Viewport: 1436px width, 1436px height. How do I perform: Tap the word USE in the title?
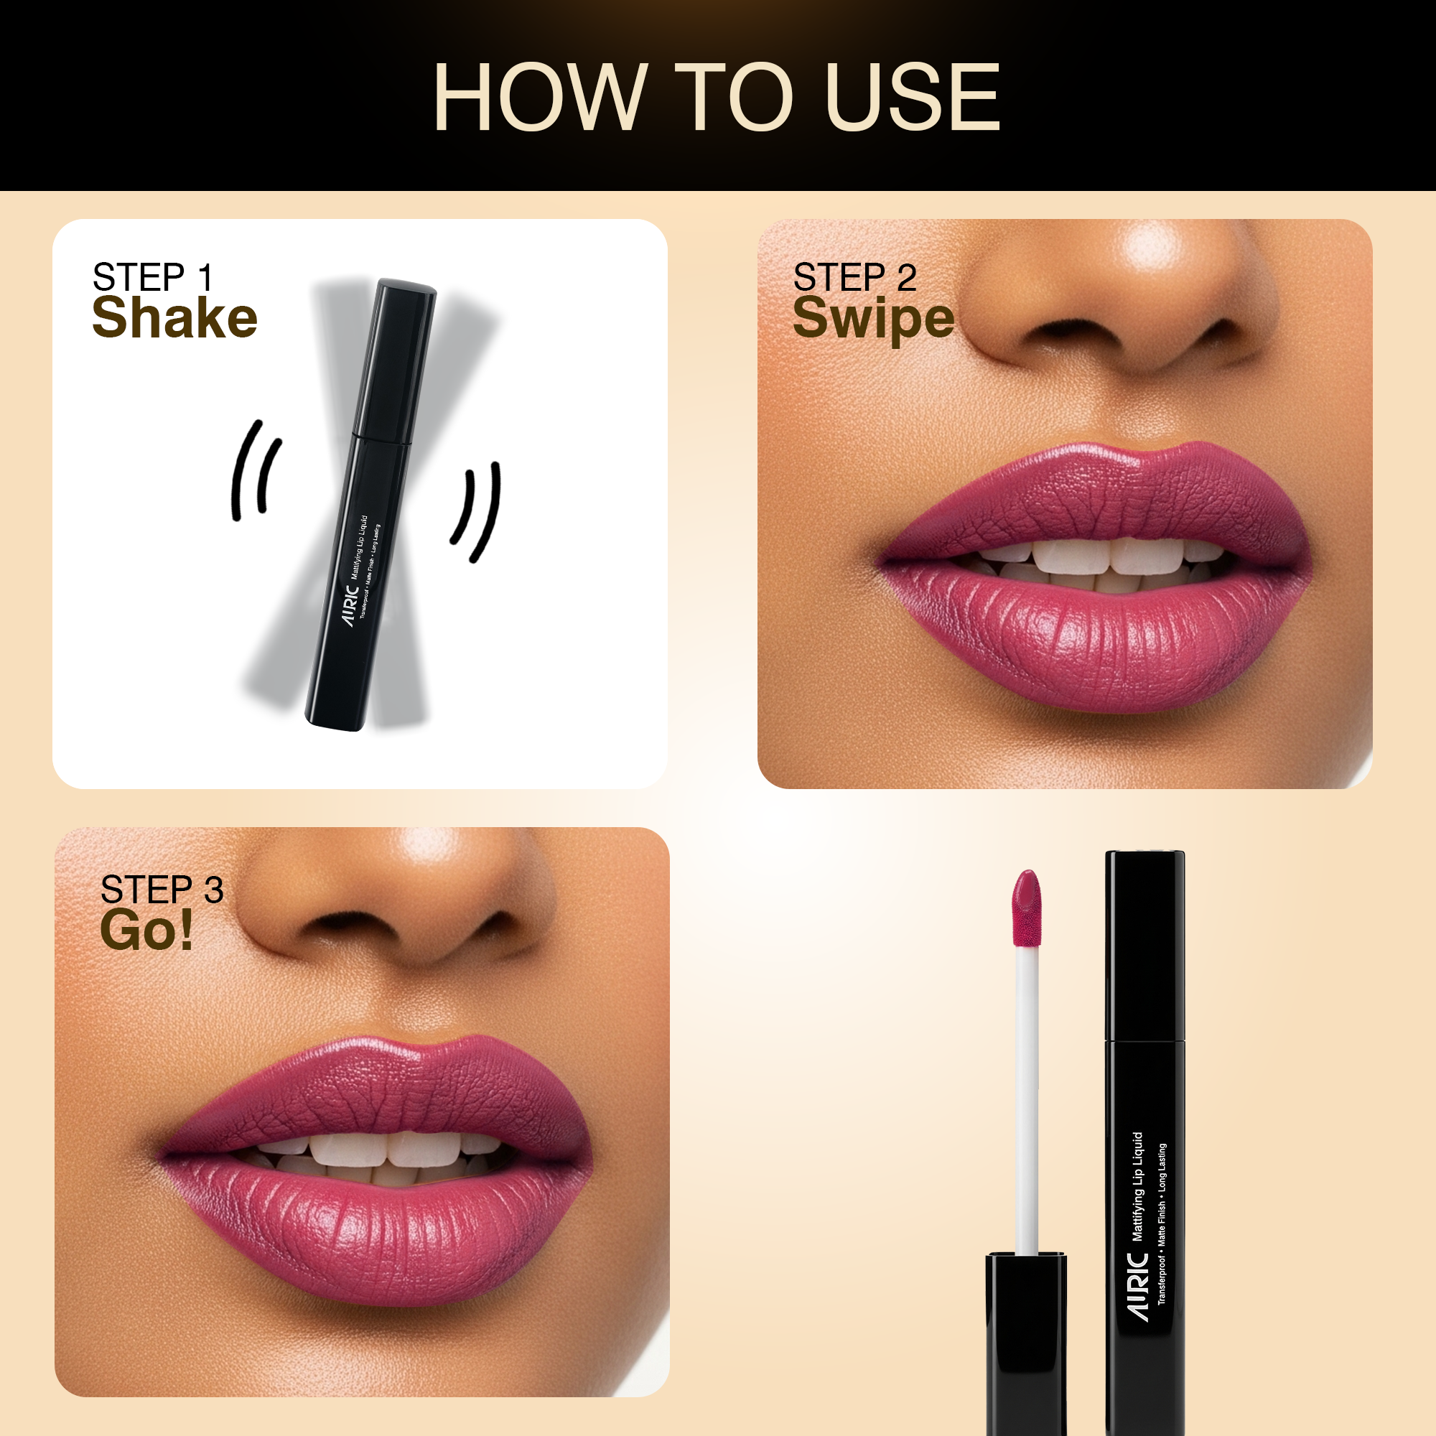913,98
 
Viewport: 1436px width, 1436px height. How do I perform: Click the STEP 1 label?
153,277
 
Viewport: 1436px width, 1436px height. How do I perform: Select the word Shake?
174,317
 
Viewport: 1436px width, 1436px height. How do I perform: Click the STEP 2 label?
854,277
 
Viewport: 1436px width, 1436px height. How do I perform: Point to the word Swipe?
874,319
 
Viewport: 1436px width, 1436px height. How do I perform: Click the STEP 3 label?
162,890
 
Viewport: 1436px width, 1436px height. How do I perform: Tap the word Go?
146,929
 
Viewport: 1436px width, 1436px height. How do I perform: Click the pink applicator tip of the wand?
1027,908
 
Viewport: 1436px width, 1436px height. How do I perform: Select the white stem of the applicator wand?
1027,1100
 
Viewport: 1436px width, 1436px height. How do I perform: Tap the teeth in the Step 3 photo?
386,1156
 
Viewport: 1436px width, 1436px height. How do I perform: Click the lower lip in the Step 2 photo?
1093,635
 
